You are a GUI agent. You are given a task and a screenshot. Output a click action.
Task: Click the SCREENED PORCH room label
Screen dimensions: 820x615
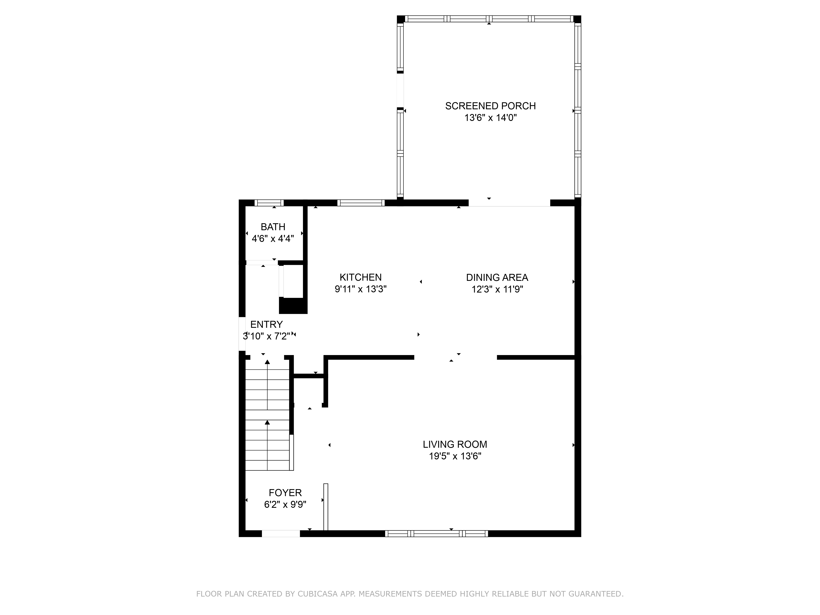[490, 106]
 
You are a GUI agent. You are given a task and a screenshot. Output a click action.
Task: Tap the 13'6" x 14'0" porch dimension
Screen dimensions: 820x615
[490, 118]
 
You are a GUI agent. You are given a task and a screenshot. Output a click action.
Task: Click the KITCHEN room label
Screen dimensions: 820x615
[361, 277]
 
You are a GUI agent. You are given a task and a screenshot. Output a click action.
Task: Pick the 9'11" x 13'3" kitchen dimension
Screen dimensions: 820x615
[361, 289]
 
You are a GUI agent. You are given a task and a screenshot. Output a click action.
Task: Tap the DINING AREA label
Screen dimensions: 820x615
[497, 277]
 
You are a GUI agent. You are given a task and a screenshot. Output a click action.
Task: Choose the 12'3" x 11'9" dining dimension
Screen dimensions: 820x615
[497, 289]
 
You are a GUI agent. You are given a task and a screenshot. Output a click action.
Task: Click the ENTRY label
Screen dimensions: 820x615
[266, 324]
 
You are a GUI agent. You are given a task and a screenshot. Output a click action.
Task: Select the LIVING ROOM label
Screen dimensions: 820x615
[455, 444]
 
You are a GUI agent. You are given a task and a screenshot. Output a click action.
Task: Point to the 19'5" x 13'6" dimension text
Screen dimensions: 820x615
[455, 456]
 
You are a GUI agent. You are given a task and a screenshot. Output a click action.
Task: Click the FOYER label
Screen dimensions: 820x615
[285, 493]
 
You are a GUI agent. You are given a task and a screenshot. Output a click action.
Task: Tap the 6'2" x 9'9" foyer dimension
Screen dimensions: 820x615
[285, 505]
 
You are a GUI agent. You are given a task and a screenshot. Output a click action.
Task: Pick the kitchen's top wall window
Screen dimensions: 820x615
[361, 203]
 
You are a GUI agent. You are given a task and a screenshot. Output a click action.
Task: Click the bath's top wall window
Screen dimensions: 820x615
[269, 203]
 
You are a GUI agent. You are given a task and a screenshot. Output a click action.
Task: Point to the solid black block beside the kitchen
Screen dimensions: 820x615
[293, 306]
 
